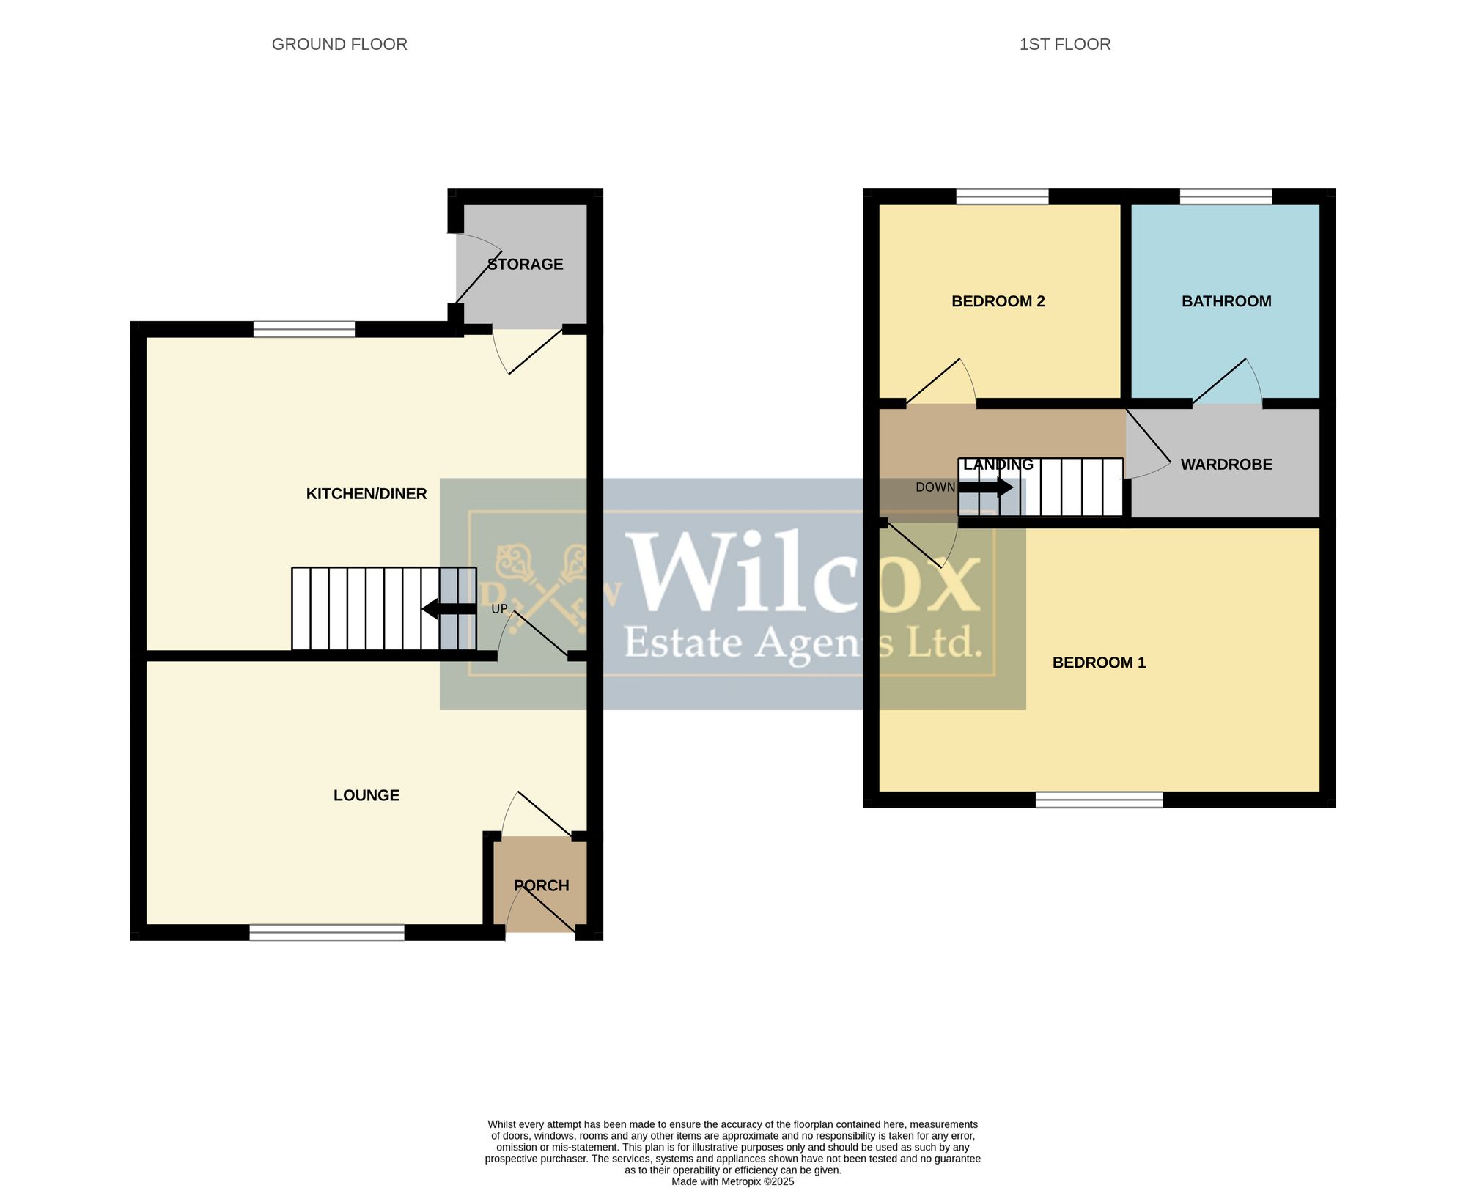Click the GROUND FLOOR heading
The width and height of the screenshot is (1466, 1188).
coord(339,44)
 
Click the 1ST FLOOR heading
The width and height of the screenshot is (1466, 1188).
coord(1065,44)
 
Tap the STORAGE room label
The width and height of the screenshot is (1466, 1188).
coord(526,264)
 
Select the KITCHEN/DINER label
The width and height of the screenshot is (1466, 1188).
coord(366,494)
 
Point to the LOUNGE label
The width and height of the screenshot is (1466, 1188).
coord(366,795)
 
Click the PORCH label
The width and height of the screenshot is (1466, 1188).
coord(542,885)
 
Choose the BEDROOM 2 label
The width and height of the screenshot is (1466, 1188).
coord(998,301)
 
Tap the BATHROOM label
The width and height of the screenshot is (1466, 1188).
coord(1226,301)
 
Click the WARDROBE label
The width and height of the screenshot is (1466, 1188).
coord(1226,464)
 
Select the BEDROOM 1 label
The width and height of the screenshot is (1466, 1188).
coord(1099,663)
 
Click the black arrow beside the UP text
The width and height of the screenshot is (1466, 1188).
coord(449,609)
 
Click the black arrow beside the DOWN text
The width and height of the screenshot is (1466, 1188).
coord(986,487)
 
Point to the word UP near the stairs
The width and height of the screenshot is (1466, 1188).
coord(499,609)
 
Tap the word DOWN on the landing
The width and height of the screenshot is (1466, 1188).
coord(935,487)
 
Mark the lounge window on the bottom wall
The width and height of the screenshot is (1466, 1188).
coord(327,932)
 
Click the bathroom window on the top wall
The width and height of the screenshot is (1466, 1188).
coord(1226,196)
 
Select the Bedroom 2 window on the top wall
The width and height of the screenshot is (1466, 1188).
coord(1002,196)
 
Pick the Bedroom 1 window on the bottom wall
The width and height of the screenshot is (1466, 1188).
coord(1099,800)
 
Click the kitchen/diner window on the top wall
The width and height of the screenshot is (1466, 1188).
coord(304,329)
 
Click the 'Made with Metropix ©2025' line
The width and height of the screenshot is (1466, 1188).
coord(733,1181)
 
